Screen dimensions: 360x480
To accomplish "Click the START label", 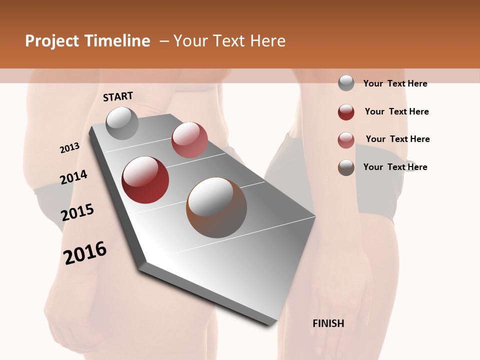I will tap(118, 96).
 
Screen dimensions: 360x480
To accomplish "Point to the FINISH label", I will tap(328, 323).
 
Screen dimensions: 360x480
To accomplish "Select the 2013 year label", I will tap(69, 148).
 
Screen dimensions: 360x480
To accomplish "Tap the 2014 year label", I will tap(73, 177).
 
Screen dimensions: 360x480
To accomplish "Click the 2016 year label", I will tap(85, 253).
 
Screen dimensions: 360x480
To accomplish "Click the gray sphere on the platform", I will tap(122, 123).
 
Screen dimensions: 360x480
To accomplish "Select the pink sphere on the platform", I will tap(189, 140).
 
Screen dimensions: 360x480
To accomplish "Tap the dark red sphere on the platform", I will tap(145, 180).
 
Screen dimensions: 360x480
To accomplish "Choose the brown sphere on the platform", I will tap(216, 207).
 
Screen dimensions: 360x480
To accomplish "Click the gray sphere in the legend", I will tap(346, 83).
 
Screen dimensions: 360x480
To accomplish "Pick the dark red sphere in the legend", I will tap(346, 112).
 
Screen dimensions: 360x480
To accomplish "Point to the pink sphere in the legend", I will tap(346, 140).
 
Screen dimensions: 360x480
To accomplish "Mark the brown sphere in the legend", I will tap(346, 167).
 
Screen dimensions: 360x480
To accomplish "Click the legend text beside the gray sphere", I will tap(395, 83).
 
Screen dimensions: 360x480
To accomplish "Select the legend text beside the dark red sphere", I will tap(396, 111).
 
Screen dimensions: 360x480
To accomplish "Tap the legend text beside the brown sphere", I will tap(395, 167).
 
